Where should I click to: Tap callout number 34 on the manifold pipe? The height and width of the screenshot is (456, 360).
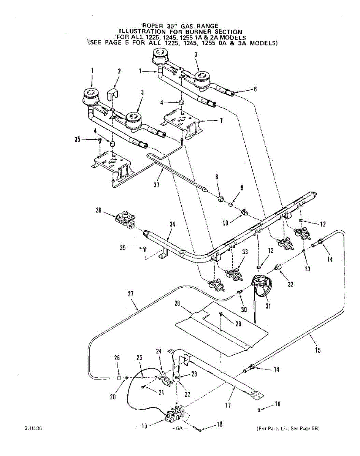pyautogui.click(x=172, y=225)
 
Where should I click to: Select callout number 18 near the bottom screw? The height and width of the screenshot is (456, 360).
pyautogui.click(x=219, y=425)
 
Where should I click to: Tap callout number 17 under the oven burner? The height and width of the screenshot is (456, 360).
pyautogui.click(x=228, y=405)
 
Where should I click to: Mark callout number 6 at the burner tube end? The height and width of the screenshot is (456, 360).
pyautogui.click(x=255, y=89)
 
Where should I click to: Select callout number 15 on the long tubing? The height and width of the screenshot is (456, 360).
pyautogui.click(x=318, y=350)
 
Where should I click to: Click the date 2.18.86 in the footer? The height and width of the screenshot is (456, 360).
pyautogui.click(x=33, y=428)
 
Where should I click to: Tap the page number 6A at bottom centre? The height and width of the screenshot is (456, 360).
pyautogui.click(x=178, y=428)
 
